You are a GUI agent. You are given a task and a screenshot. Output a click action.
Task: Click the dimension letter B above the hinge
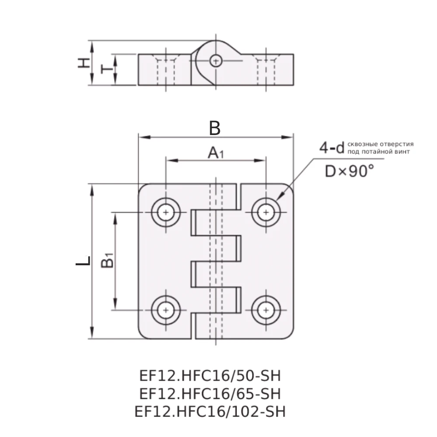215,128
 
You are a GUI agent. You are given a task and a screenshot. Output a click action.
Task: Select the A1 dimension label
215,153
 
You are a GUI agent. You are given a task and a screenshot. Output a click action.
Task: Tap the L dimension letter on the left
83,261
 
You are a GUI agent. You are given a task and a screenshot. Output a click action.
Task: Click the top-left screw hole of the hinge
166,213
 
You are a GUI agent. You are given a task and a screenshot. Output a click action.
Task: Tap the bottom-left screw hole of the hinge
166,310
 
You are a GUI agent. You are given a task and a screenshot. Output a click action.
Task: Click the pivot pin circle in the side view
215,61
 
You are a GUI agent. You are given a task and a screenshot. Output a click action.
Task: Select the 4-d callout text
332,148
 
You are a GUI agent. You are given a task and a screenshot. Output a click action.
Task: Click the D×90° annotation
350,171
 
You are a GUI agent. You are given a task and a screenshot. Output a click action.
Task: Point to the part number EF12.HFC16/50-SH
209,376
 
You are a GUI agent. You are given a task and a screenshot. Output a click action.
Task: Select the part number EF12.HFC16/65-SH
209,394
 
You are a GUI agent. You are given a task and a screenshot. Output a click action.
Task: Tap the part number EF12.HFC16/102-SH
209,412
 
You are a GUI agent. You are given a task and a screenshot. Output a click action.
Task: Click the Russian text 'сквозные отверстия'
380,144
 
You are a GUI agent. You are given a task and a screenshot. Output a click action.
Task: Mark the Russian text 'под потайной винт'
378,152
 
